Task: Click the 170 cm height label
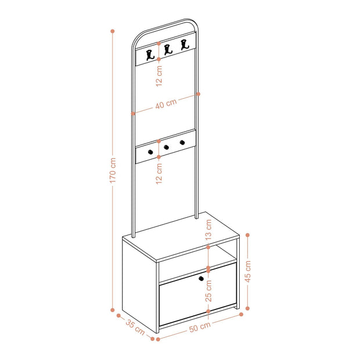tap(113, 170)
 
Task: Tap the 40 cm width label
tap(166, 103)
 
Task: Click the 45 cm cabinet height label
tap(248, 271)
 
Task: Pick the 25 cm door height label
tap(208, 291)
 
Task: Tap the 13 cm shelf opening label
tap(208, 230)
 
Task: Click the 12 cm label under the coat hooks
tap(159, 76)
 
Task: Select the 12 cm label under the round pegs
tap(159, 174)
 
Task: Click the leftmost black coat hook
tap(150, 55)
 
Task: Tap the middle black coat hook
tap(168, 50)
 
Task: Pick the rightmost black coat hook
tap(185, 45)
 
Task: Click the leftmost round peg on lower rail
tap(150, 152)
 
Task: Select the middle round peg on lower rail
tap(167, 147)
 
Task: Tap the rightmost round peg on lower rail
tap(182, 143)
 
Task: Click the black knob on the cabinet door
tap(201, 279)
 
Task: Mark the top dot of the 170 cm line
tap(113, 31)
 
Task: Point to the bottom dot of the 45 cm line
tap(247, 308)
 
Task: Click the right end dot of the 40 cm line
tap(199, 94)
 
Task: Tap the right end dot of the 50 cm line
tap(241, 314)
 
